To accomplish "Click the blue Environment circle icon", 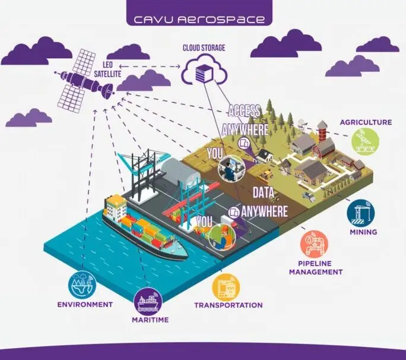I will coord(83,284).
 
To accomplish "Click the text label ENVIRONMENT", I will coord(84,305).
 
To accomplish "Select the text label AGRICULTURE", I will coord(366,122).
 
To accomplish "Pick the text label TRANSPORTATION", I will coord(228,305).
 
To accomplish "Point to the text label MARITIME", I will coord(150,320).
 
